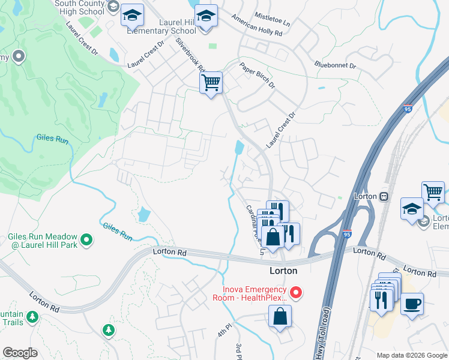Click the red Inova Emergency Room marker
coord(295,293)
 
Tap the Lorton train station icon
coord(383,196)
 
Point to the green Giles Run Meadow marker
coord(86,240)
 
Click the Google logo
coord(20,353)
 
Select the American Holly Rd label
coord(256,27)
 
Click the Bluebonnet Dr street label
coord(335,64)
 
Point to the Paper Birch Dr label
coord(257,76)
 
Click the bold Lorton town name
coord(283,271)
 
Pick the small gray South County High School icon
coord(112,7)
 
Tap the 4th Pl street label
coord(224,332)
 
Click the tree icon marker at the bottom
coord(108,330)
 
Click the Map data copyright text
coord(412,355)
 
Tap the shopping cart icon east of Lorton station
coord(432,193)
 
